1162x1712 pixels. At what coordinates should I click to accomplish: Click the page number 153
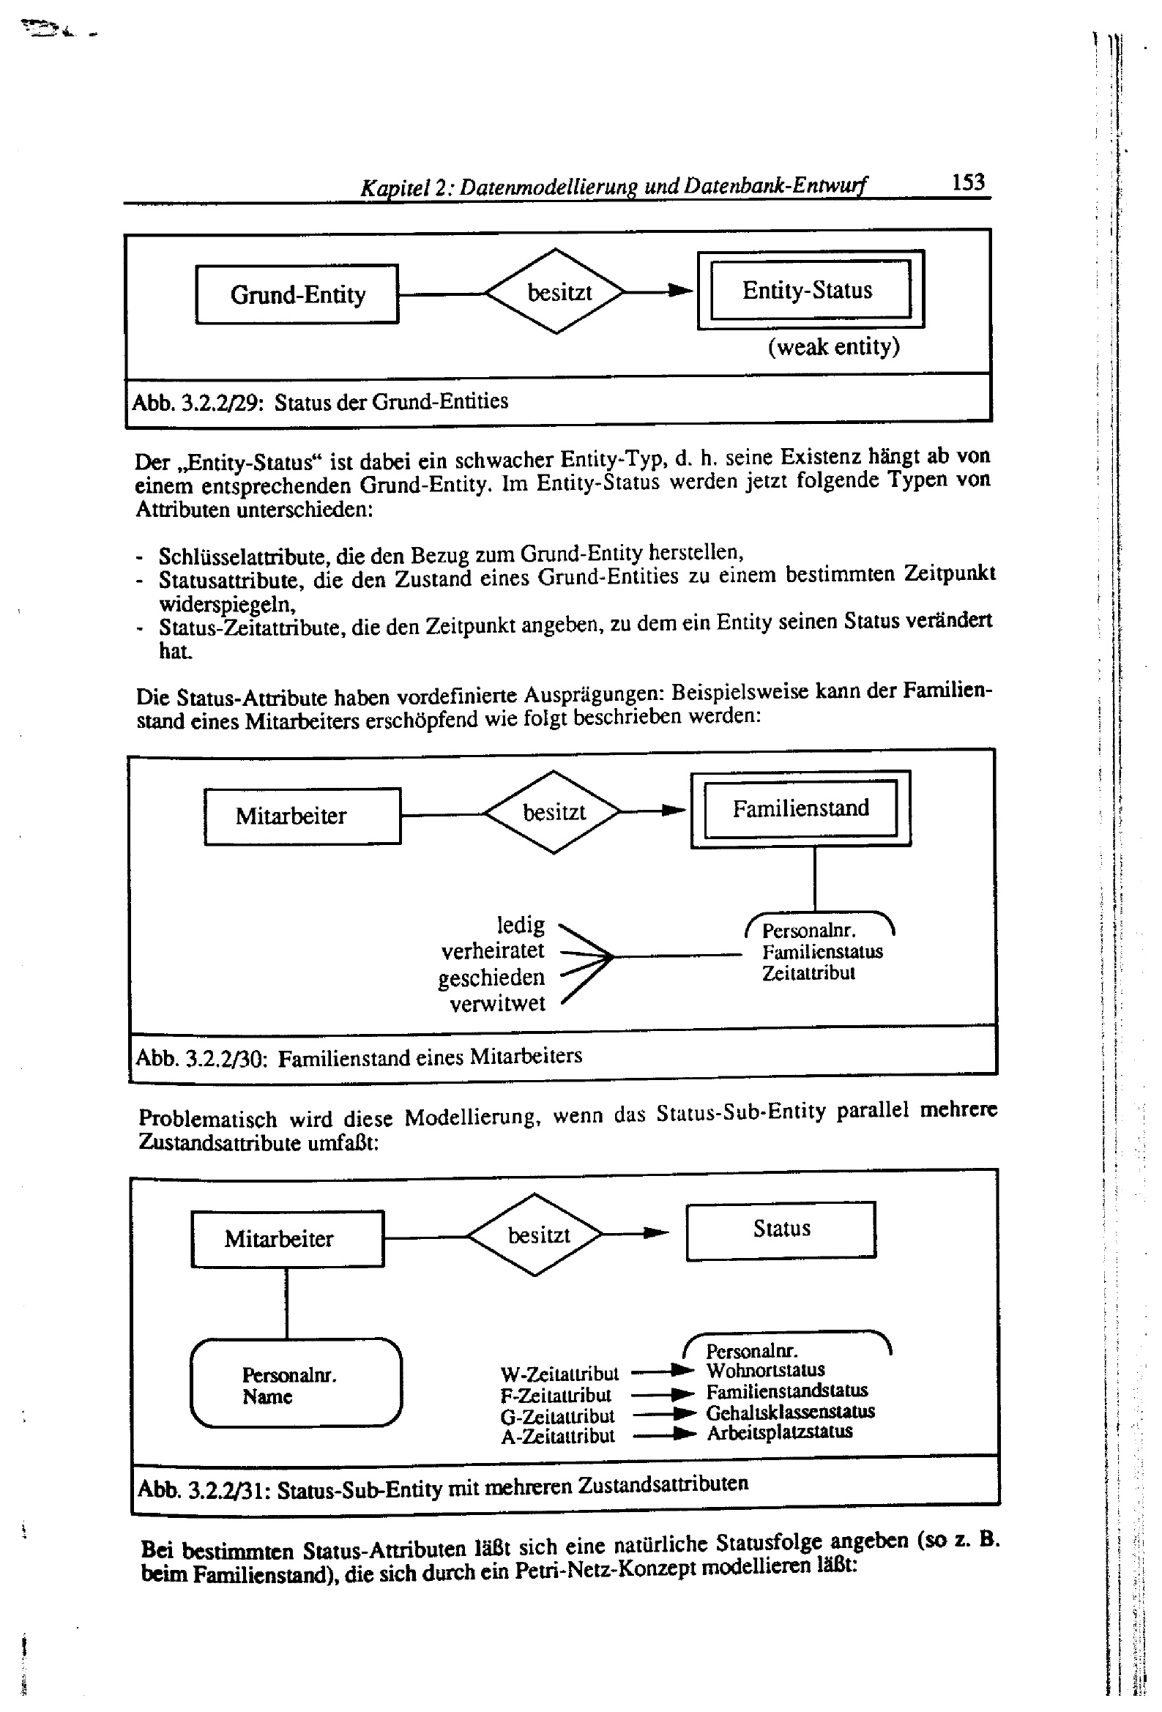967,181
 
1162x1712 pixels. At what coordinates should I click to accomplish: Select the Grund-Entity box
297,294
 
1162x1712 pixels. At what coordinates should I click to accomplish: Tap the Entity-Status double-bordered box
810,290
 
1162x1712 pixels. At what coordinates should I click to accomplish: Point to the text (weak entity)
833,346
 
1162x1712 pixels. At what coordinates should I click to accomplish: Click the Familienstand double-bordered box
800,809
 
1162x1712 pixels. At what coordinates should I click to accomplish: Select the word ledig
520,925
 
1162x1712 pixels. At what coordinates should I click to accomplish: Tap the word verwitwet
497,1003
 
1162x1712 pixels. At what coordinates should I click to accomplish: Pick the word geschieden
491,978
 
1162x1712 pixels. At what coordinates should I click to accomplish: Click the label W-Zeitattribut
559,1374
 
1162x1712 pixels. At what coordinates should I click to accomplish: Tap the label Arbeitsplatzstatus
779,1432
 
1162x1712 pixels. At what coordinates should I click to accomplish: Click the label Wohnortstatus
765,1370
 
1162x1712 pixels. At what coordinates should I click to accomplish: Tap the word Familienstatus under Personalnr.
822,951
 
